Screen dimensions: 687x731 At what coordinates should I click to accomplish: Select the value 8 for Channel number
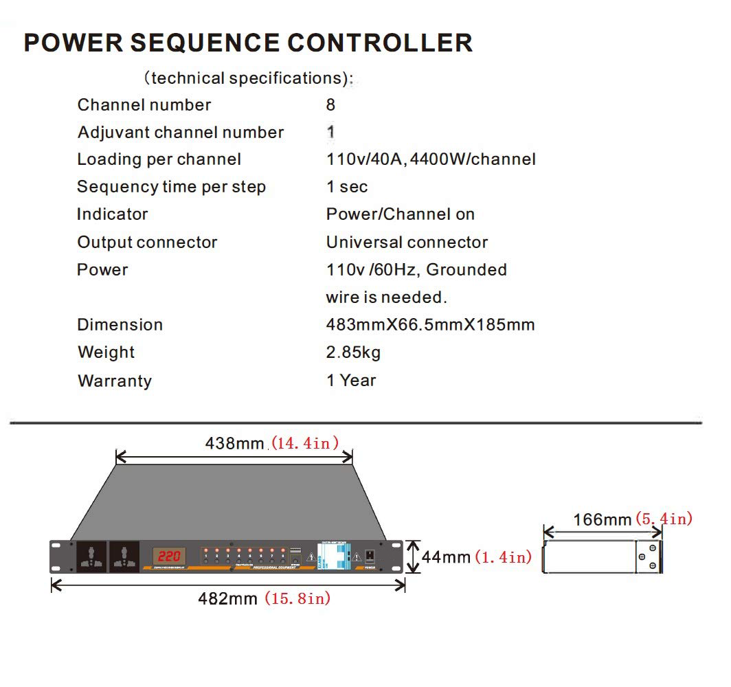coord(331,105)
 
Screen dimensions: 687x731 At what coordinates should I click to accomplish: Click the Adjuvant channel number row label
coord(181,133)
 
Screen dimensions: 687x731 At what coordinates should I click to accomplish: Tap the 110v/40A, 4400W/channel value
coord(431,159)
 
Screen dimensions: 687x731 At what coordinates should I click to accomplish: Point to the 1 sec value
coord(347,187)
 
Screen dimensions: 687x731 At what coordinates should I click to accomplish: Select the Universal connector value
coord(407,243)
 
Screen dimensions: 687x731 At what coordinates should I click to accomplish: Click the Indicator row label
coord(112,214)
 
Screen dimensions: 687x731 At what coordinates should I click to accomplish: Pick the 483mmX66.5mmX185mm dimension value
coord(430,325)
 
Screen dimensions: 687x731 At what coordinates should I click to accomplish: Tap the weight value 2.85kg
coord(353,352)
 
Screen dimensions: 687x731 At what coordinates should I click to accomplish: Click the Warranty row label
coord(115,381)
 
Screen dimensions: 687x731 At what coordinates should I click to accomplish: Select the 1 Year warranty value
coord(351,381)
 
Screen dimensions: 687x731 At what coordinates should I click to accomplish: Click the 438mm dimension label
coord(234,443)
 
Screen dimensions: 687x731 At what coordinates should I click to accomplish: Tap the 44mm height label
coord(446,556)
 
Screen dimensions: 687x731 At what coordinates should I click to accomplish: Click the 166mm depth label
coord(602,519)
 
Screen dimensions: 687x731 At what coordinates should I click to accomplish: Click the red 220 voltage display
coord(166,555)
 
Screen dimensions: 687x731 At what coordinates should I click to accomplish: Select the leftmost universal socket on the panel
coord(91,556)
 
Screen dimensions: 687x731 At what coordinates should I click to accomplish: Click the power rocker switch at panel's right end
coord(370,555)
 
